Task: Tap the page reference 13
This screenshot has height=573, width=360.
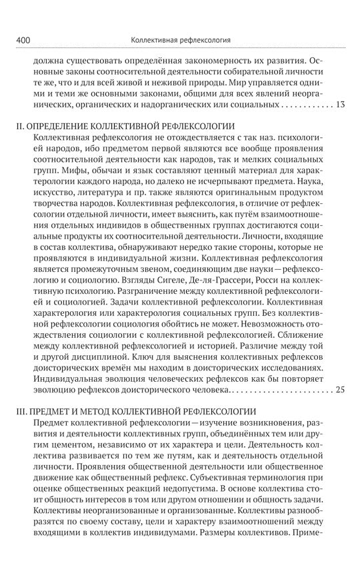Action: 340,105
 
